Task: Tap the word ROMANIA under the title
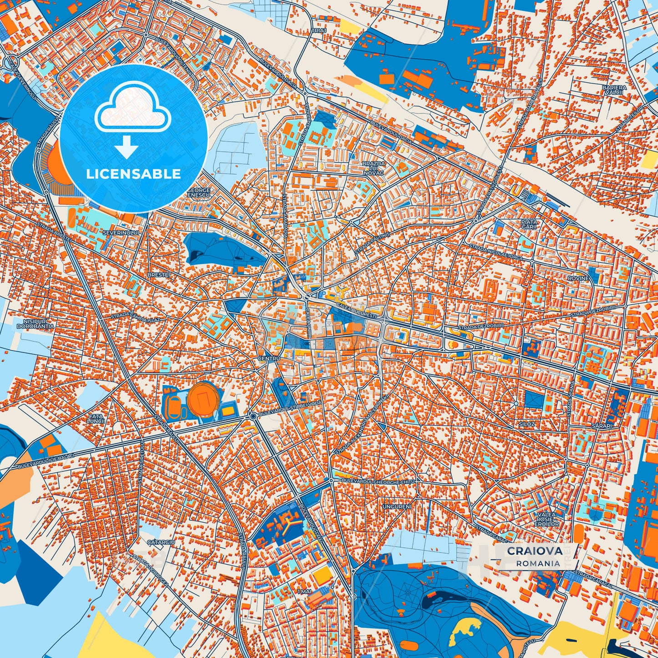[x=538, y=563]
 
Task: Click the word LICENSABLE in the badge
[x=133, y=174]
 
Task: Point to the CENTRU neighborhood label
[x=269, y=359]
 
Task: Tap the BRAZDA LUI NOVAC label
[x=373, y=168]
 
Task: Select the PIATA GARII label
[x=529, y=224]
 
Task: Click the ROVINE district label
[x=578, y=278]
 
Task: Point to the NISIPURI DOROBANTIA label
[x=35, y=323]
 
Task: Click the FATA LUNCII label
[x=96, y=418]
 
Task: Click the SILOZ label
[x=527, y=424]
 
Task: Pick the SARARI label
[x=602, y=426]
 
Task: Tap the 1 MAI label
[x=303, y=591]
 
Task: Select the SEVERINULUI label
[x=120, y=233]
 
